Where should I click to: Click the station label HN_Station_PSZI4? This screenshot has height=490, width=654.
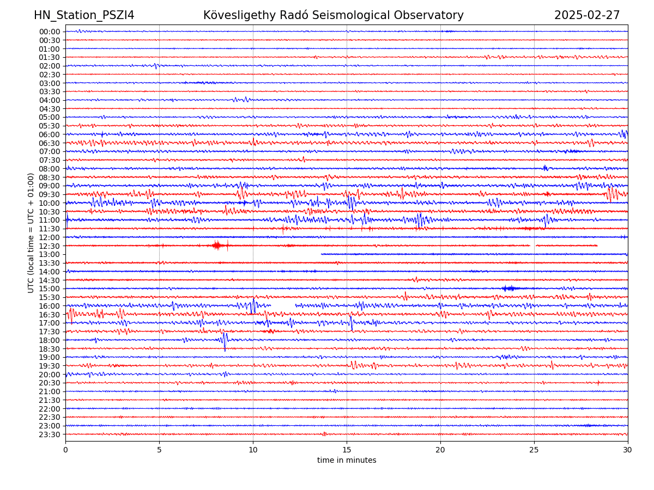[84, 15]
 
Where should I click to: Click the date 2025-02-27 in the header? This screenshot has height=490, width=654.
[587, 15]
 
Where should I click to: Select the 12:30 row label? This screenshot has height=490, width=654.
[50, 246]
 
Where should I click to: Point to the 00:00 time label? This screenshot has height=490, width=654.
[50, 32]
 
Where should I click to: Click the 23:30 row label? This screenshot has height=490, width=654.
[50, 434]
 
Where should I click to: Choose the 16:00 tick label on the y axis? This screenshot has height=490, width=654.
[50, 306]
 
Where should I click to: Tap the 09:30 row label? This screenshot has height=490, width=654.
[50, 194]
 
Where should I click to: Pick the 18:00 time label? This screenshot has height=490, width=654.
[50, 340]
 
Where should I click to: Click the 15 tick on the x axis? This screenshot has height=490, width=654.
[347, 450]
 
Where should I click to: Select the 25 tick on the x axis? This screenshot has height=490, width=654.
[534, 450]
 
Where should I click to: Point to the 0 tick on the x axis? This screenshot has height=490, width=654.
[65, 450]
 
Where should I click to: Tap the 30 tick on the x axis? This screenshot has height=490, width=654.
[628, 450]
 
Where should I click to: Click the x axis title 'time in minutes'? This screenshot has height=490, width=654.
[347, 460]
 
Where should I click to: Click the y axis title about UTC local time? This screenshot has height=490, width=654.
[31, 232]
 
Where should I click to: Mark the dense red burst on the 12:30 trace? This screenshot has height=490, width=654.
[217, 246]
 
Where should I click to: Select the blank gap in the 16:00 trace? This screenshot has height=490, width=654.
[283, 305]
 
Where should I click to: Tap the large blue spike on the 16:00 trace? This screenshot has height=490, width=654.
[253, 305]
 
